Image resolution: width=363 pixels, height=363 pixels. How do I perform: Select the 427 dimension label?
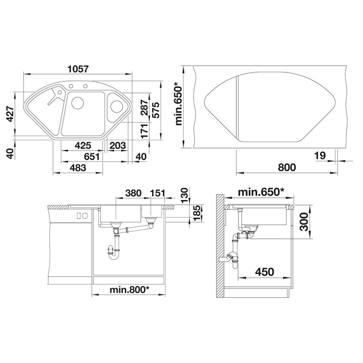[x=11, y=114]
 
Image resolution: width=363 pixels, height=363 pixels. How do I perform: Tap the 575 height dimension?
[x=156, y=110]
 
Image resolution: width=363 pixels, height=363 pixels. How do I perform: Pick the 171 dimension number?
[x=144, y=131]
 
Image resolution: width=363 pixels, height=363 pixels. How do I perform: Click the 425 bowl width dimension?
[x=83, y=146]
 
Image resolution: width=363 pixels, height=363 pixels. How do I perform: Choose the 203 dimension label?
[x=118, y=146]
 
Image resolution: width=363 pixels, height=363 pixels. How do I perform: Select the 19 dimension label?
[x=319, y=156]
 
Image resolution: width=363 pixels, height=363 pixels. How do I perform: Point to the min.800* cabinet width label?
[x=130, y=289]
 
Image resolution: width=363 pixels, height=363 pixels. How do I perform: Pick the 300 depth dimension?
[x=304, y=222]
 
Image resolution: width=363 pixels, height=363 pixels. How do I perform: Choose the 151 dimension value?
[x=156, y=193]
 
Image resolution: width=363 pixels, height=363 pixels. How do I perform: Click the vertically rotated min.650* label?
[x=179, y=104]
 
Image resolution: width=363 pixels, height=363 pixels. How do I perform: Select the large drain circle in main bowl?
[x=78, y=103]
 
